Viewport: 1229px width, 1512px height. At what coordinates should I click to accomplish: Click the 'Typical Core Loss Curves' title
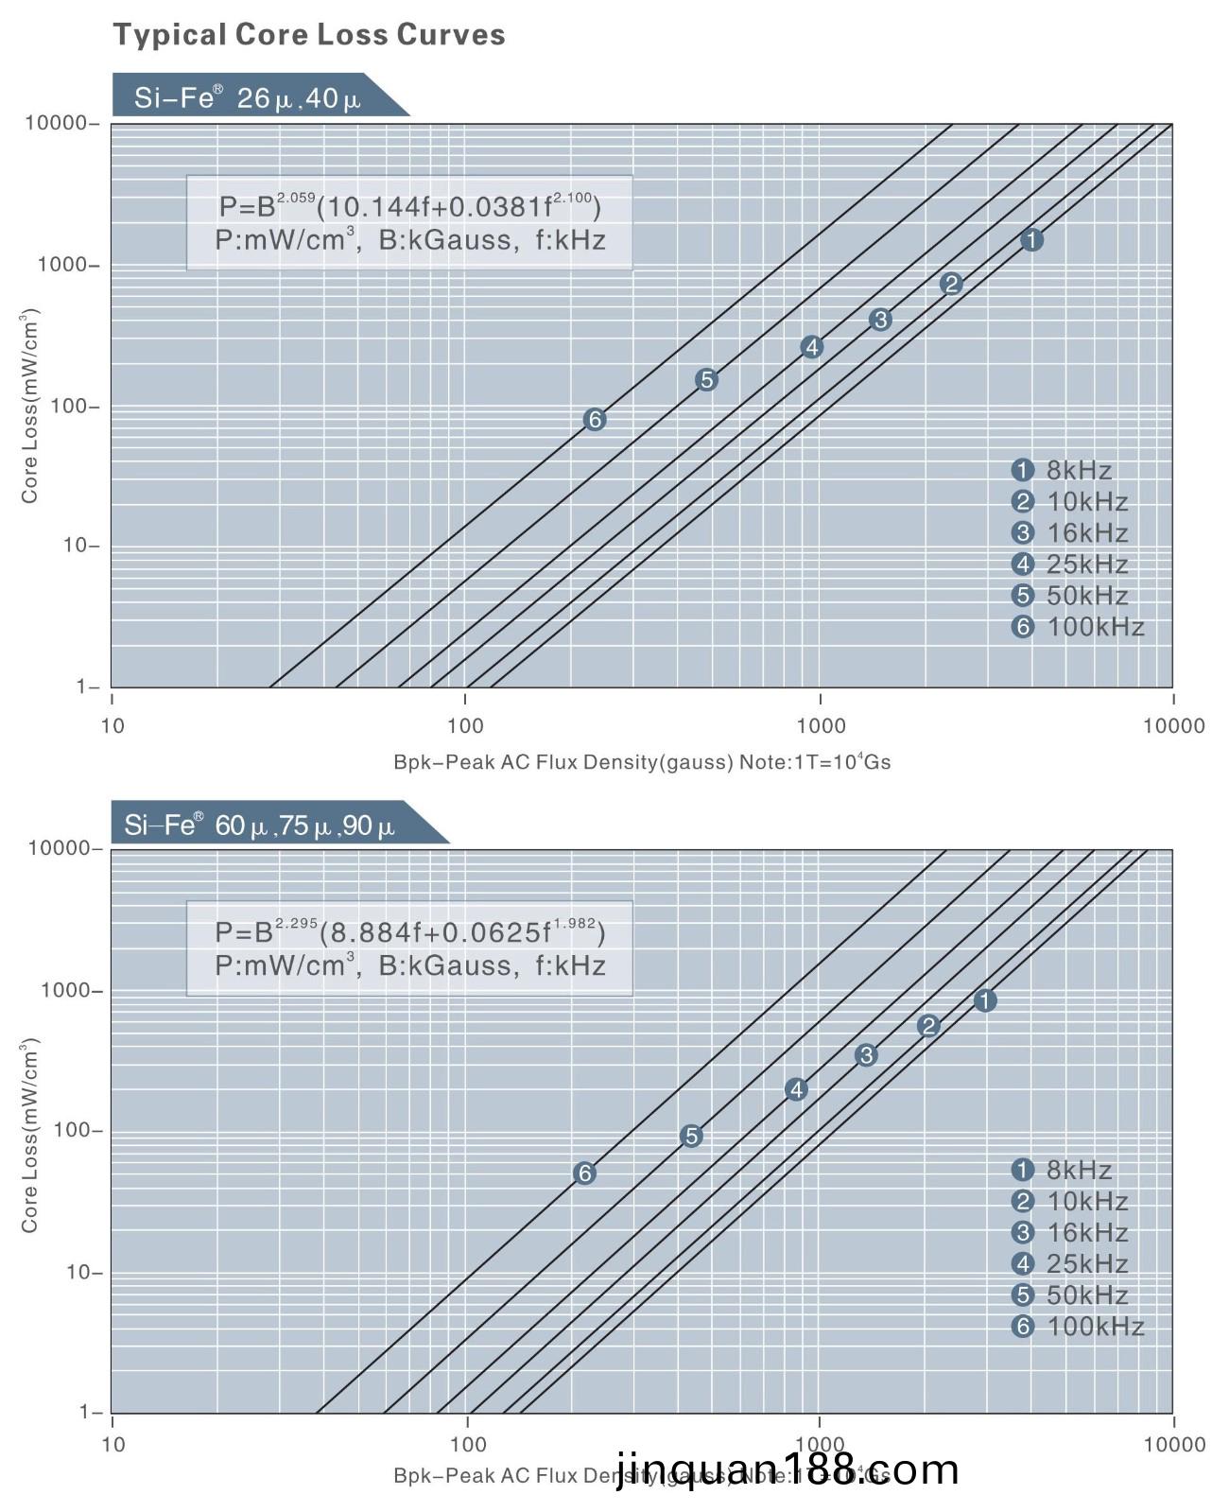point(309,35)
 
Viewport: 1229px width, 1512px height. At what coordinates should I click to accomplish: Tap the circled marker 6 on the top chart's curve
point(595,420)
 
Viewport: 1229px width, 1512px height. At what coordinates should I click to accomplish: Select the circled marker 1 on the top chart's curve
point(1032,240)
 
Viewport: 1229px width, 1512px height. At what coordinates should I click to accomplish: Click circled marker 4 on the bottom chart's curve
point(796,1089)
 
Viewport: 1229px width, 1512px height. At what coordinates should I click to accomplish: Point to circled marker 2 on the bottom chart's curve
point(928,1026)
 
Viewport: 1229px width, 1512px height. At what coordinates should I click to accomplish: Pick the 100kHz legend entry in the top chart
point(1079,627)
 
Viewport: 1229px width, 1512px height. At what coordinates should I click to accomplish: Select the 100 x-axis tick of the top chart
point(465,725)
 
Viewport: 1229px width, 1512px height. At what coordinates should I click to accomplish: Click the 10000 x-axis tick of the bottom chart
point(1173,1444)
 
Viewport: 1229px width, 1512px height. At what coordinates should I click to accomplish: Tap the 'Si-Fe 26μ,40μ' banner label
point(248,97)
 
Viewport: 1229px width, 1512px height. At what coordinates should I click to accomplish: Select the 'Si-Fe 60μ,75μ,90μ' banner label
point(260,826)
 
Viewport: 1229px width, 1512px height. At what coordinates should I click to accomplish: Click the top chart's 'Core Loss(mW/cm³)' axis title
point(30,407)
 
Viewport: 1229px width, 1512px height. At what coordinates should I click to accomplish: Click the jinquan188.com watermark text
point(788,1469)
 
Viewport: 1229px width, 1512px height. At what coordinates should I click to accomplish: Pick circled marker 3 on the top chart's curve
point(880,320)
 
